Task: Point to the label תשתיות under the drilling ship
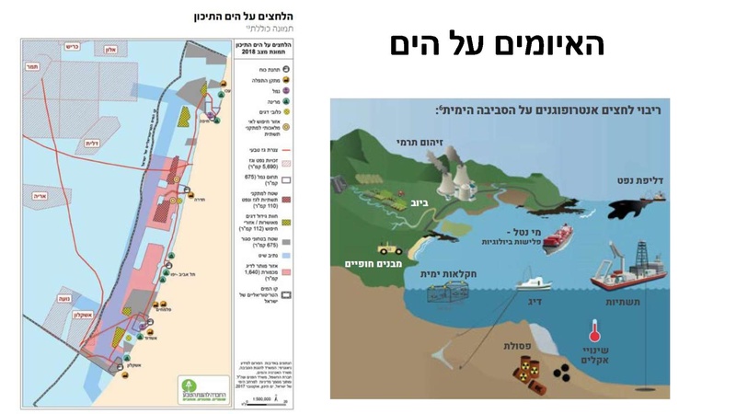coord(641,300)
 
